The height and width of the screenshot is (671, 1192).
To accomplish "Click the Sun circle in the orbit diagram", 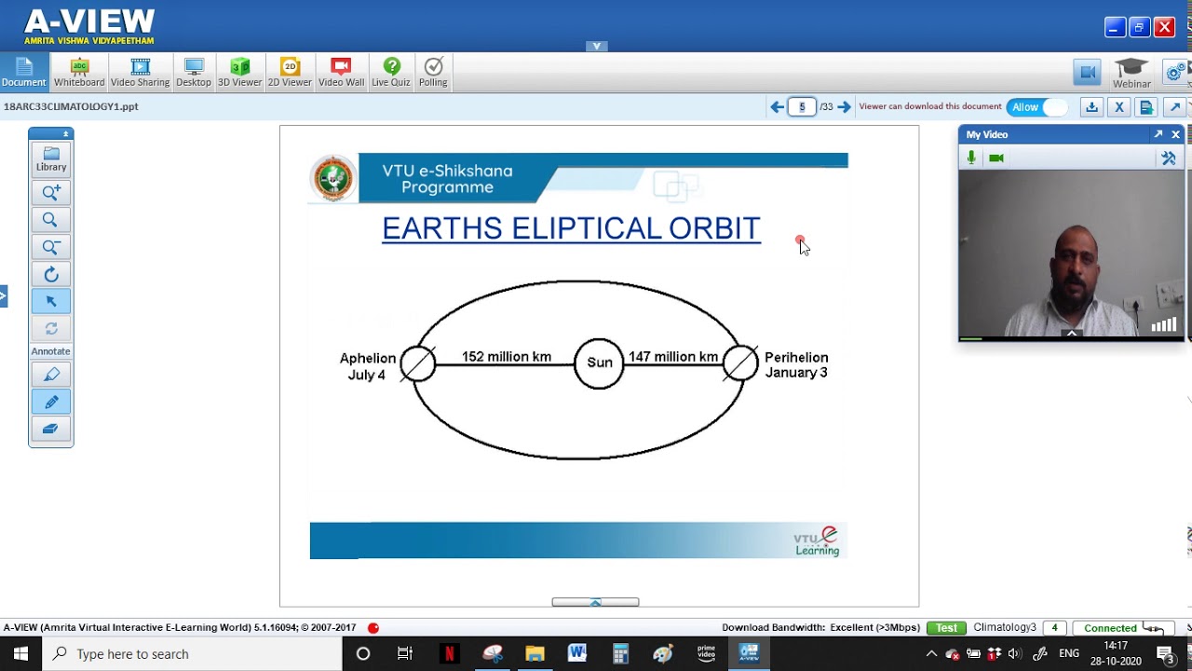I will [599, 363].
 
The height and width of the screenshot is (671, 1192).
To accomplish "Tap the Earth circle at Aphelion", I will [418, 363].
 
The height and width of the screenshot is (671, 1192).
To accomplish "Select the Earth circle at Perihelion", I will [740, 363].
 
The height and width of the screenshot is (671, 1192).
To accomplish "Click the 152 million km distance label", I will [507, 357].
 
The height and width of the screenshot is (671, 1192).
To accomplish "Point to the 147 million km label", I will [672, 357].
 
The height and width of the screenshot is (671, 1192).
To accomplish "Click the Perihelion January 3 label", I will [795, 364].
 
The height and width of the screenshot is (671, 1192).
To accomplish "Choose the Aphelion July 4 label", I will [367, 366].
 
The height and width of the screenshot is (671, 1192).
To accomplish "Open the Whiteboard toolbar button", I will [79, 73].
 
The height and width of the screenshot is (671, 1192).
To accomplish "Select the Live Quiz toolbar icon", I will [391, 73].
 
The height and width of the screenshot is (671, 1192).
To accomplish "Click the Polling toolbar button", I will [433, 73].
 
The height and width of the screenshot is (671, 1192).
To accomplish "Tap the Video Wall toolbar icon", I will [341, 73].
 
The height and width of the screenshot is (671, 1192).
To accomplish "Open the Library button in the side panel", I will [51, 158].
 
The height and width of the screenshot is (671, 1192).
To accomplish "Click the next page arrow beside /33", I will [844, 107].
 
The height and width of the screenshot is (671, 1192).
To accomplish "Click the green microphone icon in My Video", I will [971, 158].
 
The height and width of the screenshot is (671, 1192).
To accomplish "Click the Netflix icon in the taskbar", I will [449, 653].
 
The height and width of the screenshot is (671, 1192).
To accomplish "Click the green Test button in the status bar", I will [946, 628].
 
